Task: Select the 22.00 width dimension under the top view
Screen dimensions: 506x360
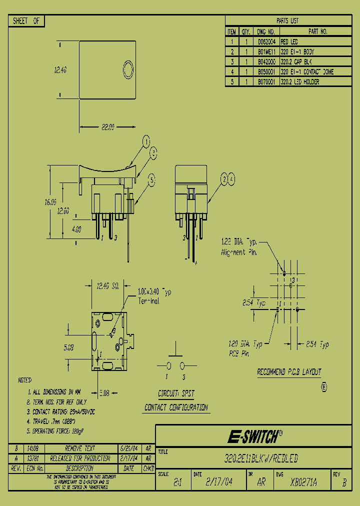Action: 108,127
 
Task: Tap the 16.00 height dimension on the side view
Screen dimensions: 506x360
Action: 50,202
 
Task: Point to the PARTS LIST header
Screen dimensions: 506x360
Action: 287,21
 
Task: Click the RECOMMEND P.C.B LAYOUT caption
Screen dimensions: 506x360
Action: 289,372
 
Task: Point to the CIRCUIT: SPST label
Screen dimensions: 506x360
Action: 176,393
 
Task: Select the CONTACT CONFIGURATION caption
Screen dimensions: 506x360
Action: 176,407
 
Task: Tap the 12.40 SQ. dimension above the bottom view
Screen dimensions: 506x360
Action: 107,286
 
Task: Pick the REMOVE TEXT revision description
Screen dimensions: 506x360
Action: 80,448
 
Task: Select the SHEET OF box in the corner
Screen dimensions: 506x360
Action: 27,21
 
